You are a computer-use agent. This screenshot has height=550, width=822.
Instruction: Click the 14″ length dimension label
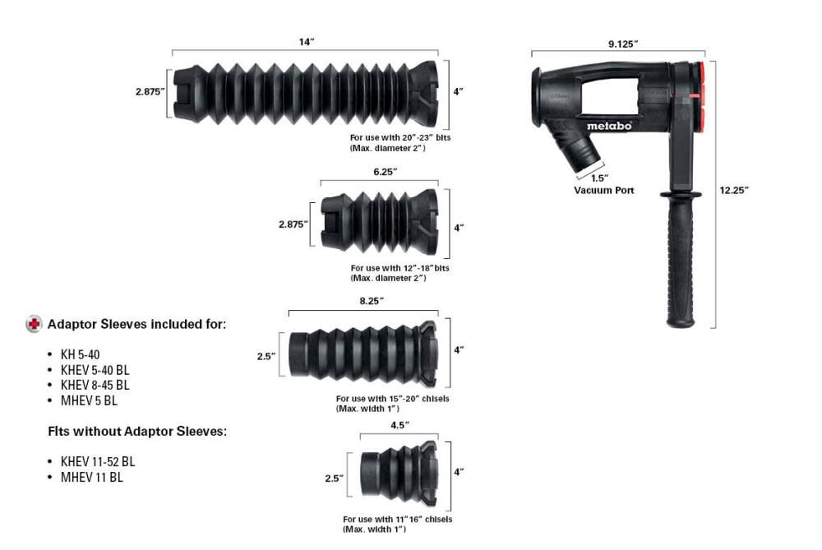(x=306, y=42)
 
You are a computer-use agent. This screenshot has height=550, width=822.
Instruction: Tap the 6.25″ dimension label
(x=386, y=172)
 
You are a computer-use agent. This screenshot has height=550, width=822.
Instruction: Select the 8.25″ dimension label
(x=372, y=301)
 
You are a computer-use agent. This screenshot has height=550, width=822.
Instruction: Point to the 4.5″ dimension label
(x=400, y=425)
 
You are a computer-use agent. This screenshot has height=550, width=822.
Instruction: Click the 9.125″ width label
(x=623, y=44)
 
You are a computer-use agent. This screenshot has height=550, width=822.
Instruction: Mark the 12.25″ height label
(x=734, y=191)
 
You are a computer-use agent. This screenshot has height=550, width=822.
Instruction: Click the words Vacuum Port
(x=604, y=191)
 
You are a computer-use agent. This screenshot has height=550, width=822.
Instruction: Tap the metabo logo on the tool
(x=609, y=126)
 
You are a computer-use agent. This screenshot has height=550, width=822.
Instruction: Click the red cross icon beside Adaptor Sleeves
(x=34, y=324)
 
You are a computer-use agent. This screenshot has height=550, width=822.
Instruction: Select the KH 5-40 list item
(x=81, y=354)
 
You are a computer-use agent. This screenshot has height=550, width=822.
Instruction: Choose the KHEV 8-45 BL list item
(x=95, y=385)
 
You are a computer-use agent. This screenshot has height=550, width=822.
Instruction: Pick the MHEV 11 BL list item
(x=92, y=477)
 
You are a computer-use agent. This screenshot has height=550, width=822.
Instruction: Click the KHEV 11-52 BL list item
(x=98, y=461)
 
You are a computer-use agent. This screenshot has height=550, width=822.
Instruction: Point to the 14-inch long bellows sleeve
(x=305, y=93)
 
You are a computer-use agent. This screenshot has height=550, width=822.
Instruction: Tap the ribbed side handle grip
(x=681, y=260)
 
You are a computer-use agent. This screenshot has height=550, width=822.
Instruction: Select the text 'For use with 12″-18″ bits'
(x=400, y=268)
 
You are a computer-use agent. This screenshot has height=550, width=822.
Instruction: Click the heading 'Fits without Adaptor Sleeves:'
(x=137, y=432)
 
